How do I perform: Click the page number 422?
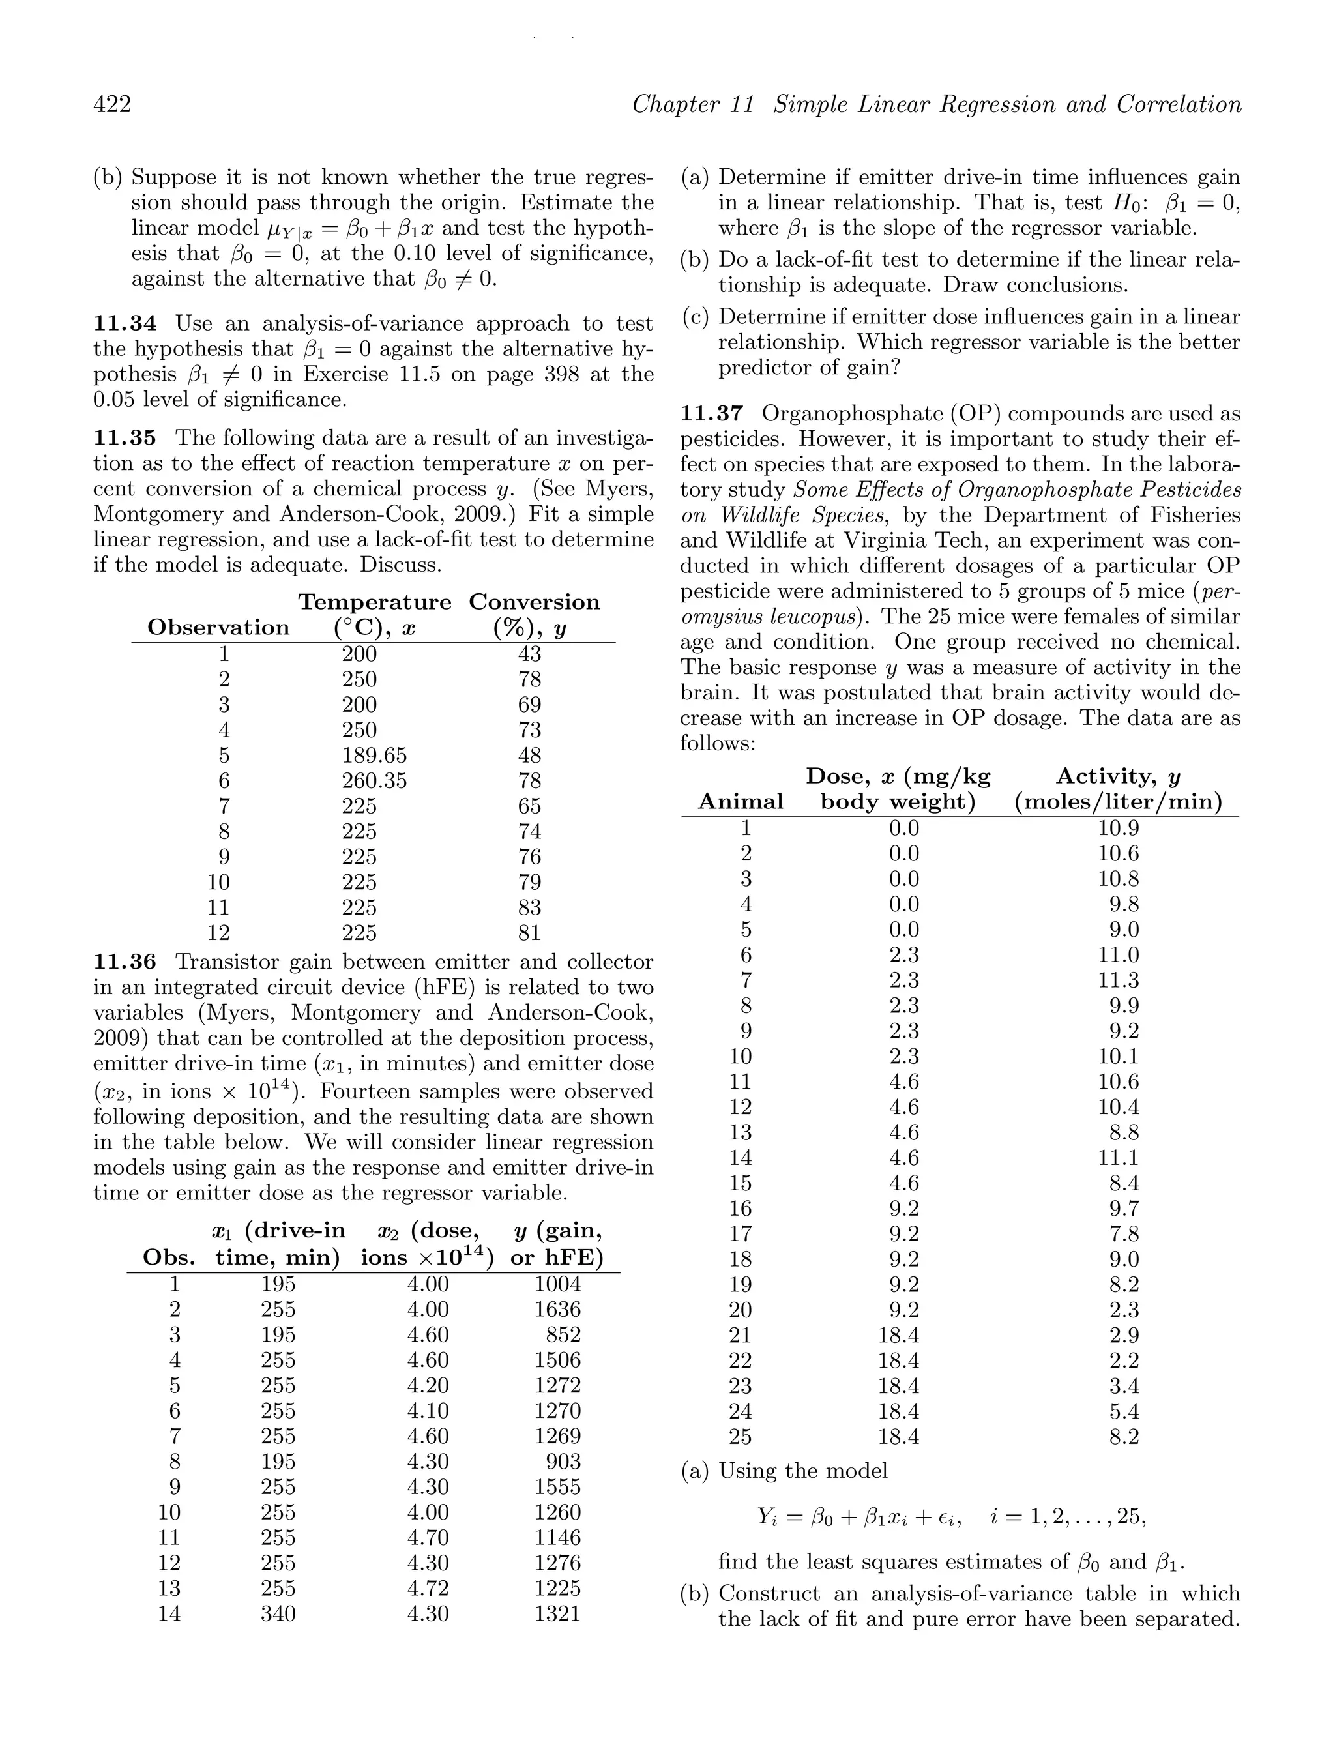(x=113, y=104)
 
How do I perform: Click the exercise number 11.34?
(x=125, y=324)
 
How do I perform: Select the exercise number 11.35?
(x=125, y=438)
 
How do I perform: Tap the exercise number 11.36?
(x=125, y=963)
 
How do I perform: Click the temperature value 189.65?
(x=374, y=755)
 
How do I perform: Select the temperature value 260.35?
(x=374, y=781)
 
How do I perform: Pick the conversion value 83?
(x=529, y=907)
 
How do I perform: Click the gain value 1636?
(x=557, y=1310)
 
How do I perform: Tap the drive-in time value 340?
(x=278, y=1614)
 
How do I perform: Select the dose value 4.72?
(x=428, y=1589)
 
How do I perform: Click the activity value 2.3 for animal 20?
(x=1124, y=1310)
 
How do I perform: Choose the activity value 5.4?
(x=1124, y=1411)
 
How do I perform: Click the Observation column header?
(x=218, y=628)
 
